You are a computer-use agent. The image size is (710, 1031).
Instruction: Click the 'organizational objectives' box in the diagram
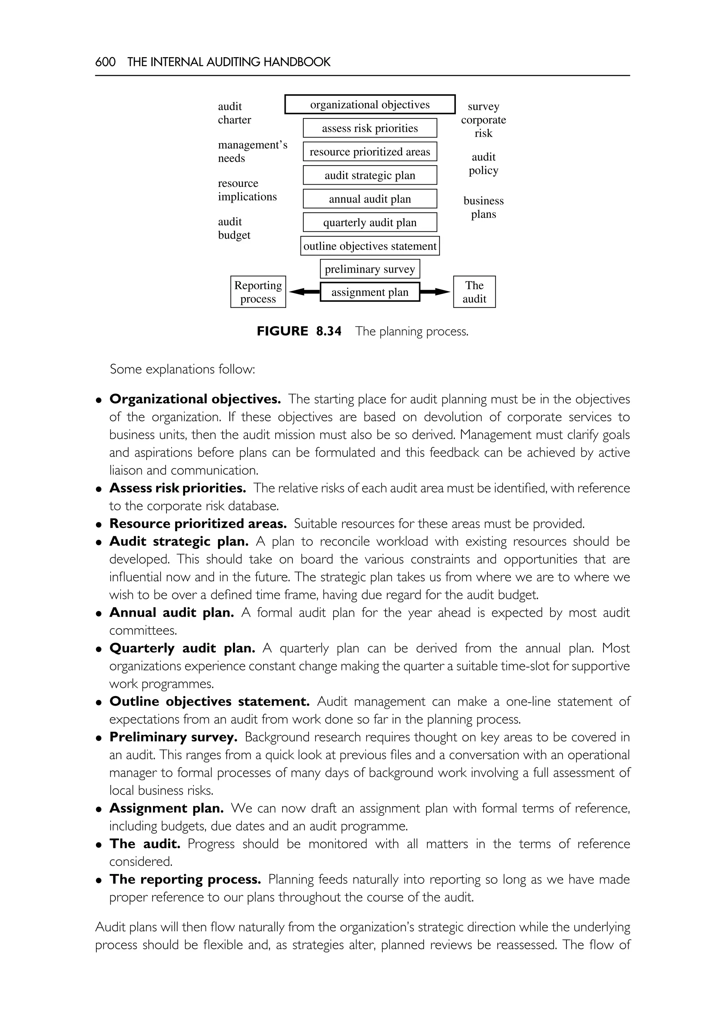coord(370,105)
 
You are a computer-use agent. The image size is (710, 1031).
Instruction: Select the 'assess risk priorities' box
coord(370,128)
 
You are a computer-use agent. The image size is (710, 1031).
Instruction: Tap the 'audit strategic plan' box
coord(370,175)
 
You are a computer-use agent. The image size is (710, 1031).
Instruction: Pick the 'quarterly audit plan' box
coord(370,222)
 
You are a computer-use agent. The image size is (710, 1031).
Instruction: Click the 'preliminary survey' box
coord(370,269)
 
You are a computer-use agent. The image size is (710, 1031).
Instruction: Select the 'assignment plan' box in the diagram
coord(370,292)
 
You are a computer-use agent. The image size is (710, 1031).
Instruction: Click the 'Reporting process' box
coord(258,292)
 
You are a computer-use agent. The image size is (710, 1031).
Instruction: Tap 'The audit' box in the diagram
coord(474,292)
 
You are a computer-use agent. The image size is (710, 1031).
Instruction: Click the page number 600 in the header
coord(105,62)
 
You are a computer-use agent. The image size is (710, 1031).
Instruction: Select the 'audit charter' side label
coord(234,113)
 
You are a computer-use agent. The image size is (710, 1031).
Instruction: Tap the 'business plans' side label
coord(484,207)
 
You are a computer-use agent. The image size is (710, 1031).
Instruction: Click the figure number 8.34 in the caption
coord(329,331)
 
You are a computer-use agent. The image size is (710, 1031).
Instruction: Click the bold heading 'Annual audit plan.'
coord(172,613)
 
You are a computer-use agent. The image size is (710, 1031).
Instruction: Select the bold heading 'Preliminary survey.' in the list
coord(173,737)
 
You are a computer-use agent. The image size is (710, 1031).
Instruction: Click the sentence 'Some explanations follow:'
coord(182,369)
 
